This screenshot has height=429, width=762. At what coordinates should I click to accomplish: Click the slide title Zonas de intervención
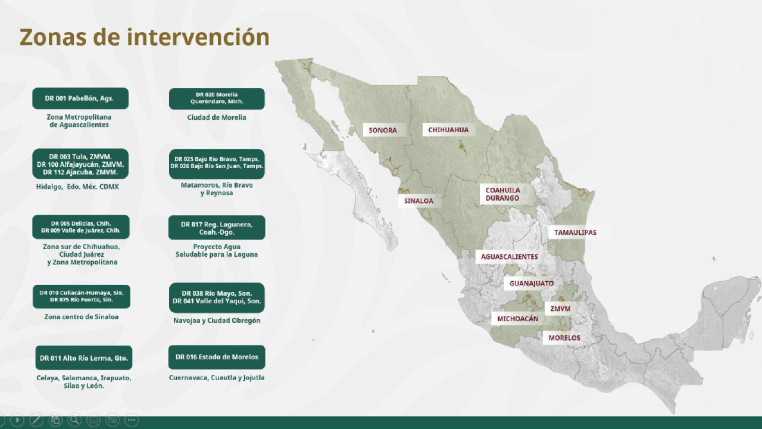(x=145, y=37)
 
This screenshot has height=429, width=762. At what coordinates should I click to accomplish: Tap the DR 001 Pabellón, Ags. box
(x=80, y=98)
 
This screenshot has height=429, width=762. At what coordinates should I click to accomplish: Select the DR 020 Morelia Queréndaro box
(x=217, y=99)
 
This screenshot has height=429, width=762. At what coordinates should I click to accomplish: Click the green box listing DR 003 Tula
(x=80, y=164)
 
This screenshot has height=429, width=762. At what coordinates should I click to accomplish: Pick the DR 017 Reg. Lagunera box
(x=217, y=228)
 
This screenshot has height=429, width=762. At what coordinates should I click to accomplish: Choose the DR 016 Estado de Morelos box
(x=217, y=357)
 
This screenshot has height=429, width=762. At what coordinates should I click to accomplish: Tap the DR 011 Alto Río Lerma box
(x=84, y=358)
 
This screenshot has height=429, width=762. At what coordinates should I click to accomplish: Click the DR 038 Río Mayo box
(x=217, y=297)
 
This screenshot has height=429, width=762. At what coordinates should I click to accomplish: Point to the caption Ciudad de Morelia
(x=217, y=117)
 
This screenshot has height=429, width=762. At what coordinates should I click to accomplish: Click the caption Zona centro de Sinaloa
(x=82, y=317)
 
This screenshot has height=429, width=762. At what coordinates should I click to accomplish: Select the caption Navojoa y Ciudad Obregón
(x=217, y=321)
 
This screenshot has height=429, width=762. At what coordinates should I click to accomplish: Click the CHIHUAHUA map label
(x=448, y=130)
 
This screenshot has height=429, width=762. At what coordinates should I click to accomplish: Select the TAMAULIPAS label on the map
(x=575, y=232)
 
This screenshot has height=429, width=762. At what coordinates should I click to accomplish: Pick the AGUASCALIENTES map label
(x=509, y=257)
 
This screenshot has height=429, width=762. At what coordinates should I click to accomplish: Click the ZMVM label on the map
(x=560, y=309)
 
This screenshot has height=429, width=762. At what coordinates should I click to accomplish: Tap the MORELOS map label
(x=564, y=338)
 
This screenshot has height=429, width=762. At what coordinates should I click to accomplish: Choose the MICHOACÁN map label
(x=518, y=319)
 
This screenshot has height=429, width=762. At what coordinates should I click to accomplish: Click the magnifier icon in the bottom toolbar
(x=74, y=420)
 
